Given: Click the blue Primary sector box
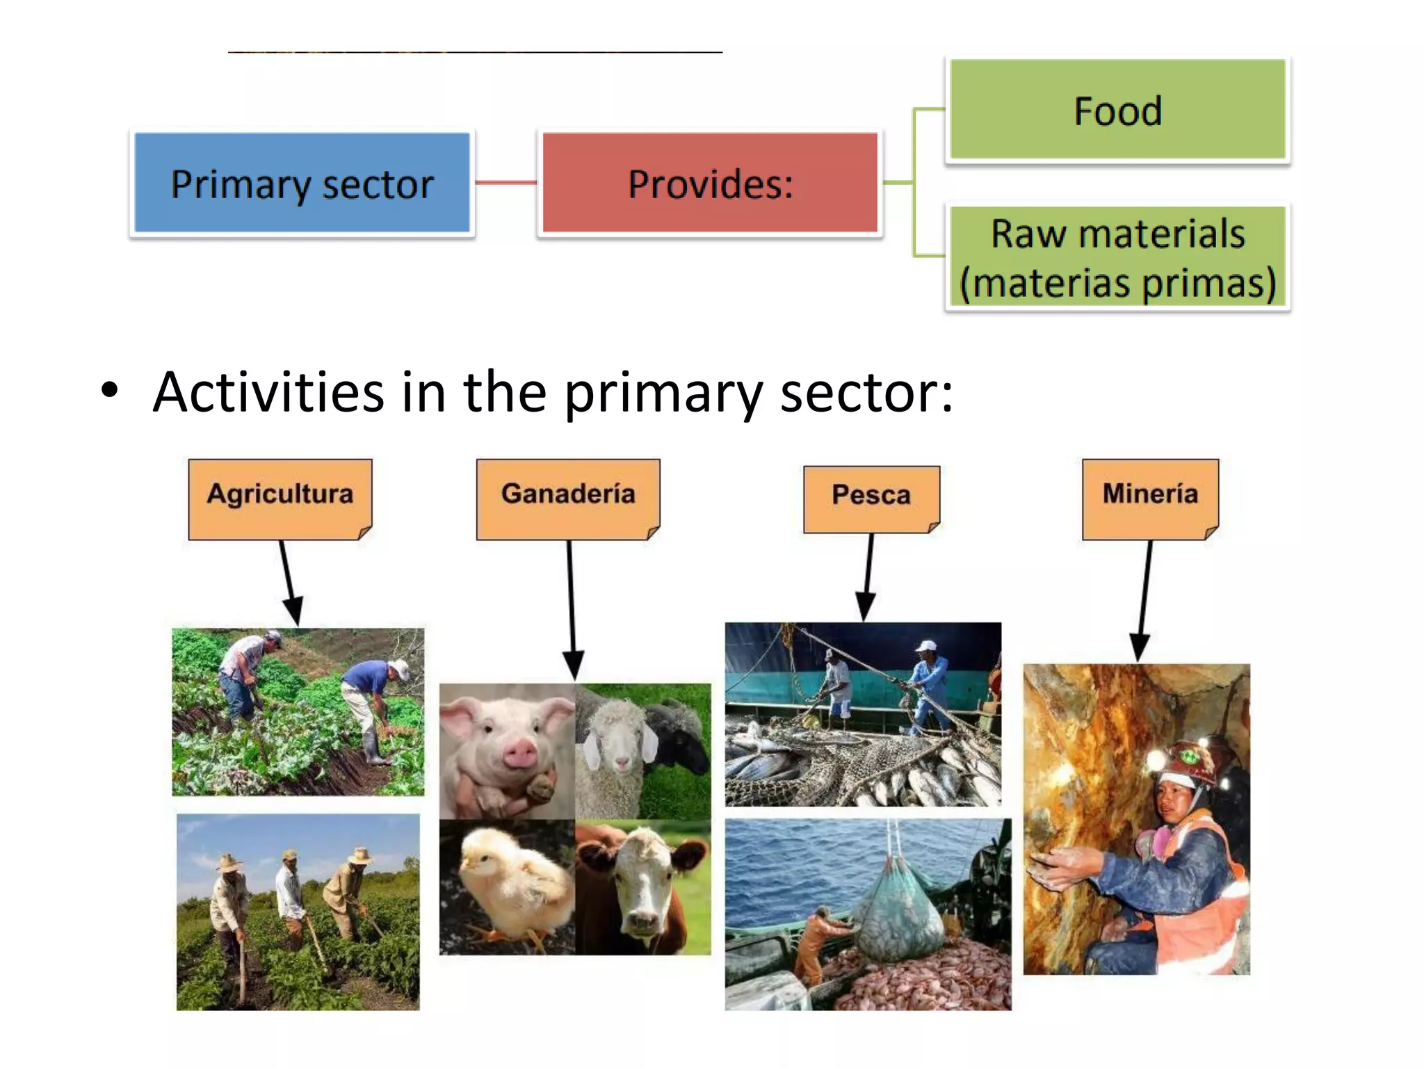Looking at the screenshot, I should pos(302,184).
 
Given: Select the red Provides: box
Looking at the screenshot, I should pos(710,184).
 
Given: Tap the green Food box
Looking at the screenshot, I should pos(1117,111).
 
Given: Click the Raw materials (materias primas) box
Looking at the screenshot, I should pos(1117,258).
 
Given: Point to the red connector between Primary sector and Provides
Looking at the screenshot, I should pos(505,183).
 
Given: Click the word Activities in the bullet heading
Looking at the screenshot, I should pos(268,392).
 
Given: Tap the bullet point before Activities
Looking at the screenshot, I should pos(109,391).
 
